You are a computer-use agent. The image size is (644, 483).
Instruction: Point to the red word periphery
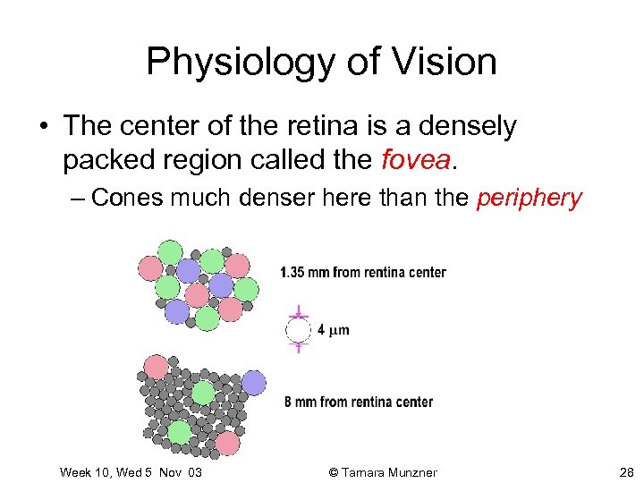click(x=529, y=198)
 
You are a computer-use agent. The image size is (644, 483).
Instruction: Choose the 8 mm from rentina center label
click(x=358, y=402)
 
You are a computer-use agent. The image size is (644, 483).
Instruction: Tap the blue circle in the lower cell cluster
click(x=253, y=383)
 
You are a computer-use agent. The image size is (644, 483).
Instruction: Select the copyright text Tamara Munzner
click(x=392, y=471)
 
